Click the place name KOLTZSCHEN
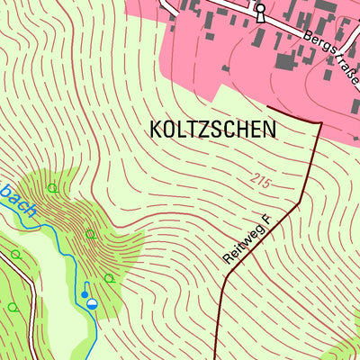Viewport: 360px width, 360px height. coord(211,129)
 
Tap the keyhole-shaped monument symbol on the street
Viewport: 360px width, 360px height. coord(260,12)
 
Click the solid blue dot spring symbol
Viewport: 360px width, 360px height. coord(85,293)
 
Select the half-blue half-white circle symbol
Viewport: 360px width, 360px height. coord(92,305)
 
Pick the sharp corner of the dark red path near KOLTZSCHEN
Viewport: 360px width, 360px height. coord(320,122)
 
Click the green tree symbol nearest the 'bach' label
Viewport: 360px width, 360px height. coord(52,188)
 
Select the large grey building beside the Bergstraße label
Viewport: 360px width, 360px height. coord(285,61)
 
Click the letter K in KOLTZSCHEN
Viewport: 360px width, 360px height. coord(150,129)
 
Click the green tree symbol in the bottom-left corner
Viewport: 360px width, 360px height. coord(13,306)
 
